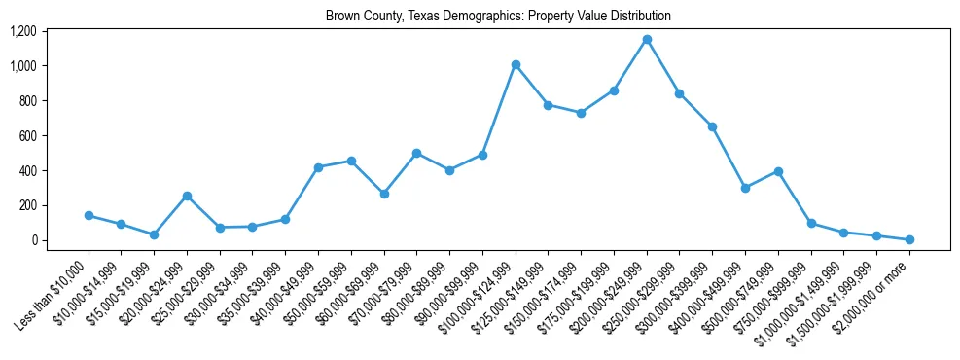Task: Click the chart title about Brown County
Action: point(498,17)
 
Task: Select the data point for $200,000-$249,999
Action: point(647,39)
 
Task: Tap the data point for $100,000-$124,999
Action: point(516,64)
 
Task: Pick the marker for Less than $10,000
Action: point(89,215)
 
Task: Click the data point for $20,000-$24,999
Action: point(187,196)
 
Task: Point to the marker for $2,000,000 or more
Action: point(909,239)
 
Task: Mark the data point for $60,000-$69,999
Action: point(384,194)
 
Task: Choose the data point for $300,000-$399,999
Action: point(712,126)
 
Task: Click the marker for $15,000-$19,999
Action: point(154,234)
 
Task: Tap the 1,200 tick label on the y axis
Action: point(22,31)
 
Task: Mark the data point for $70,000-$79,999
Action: point(416,153)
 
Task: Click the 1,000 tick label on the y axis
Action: point(22,66)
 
